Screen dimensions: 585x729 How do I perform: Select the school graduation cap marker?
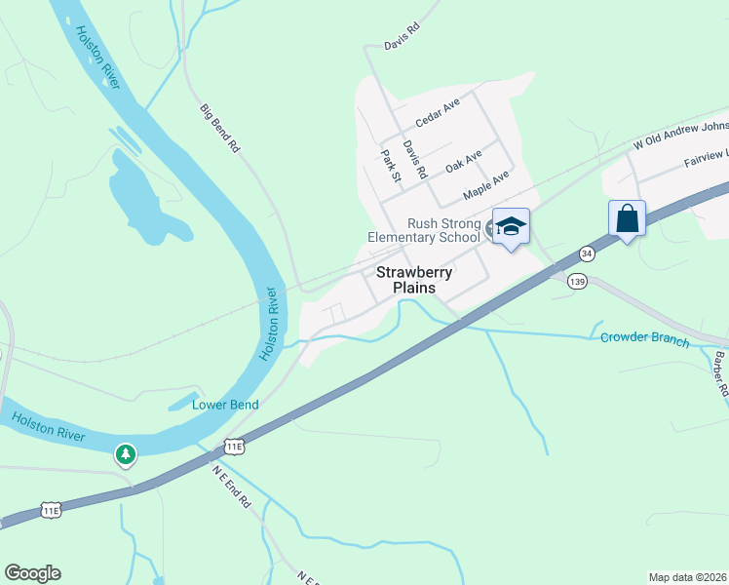click(x=510, y=227)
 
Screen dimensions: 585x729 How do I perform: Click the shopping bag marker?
click(x=627, y=218)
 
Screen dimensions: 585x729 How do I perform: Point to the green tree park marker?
click(x=125, y=453)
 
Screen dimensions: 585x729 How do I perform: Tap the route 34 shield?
click(x=586, y=253)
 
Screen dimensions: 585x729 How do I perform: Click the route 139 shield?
click(x=577, y=281)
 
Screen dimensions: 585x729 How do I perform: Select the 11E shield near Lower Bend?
click(x=234, y=446)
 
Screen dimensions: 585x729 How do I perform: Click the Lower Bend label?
click(x=223, y=405)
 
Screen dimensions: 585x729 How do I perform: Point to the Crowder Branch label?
click(x=644, y=340)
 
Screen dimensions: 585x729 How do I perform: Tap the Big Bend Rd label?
click(x=219, y=129)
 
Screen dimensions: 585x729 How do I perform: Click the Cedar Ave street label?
click(x=436, y=115)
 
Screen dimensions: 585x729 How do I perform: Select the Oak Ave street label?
click(x=464, y=162)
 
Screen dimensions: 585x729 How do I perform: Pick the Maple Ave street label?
click(x=486, y=182)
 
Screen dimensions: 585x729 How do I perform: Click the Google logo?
click(x=32, y=573)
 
